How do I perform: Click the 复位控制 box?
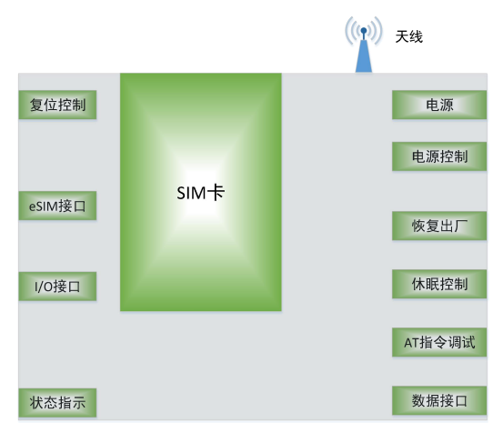(57, 105)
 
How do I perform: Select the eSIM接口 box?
(57, 206)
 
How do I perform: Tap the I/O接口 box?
(57, 287)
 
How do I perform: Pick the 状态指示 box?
(57, 403)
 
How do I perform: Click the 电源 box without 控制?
(439, 105)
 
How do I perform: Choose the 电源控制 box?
(439, 156)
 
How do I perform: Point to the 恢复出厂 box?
(439, 226)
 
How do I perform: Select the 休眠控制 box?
(439, 284)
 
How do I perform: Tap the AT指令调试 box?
(439, 342)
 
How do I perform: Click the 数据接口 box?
(439, 400)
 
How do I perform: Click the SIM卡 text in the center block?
(201, 193)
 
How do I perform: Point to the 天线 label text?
(408, 36)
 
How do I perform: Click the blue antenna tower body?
(364, 56)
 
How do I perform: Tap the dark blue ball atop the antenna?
(364, 31)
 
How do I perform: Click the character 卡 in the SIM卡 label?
(216, 193)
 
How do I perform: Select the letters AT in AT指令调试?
(411, 342)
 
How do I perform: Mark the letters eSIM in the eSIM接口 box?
(44, 206)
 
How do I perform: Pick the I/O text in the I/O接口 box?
(44, 287)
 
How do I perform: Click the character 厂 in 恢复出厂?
(460, 226)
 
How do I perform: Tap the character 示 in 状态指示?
(78, 403)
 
